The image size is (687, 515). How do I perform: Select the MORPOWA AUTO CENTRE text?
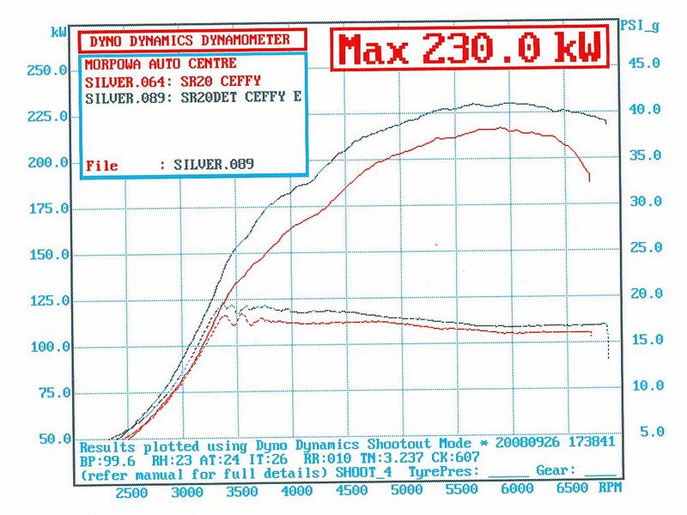(x=161, y=65)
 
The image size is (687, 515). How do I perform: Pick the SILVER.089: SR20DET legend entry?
(x=194, y=98)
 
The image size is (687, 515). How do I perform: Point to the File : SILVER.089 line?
(x=171, y=163)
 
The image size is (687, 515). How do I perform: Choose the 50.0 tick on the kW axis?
(x=48, y=439)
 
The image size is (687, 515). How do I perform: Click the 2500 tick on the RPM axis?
(x=132, y=494)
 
